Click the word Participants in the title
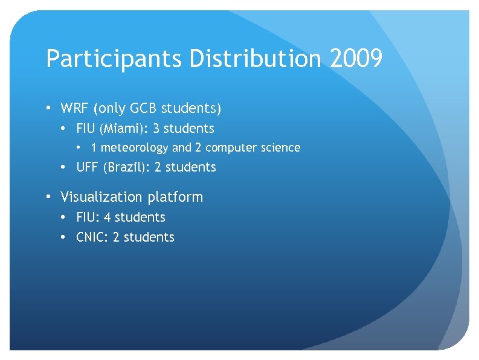(114, 60)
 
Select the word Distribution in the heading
(257, 59)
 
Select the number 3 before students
(156, 129)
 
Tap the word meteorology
(135, 148)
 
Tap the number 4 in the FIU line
(107, 217)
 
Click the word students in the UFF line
(190, 167)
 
